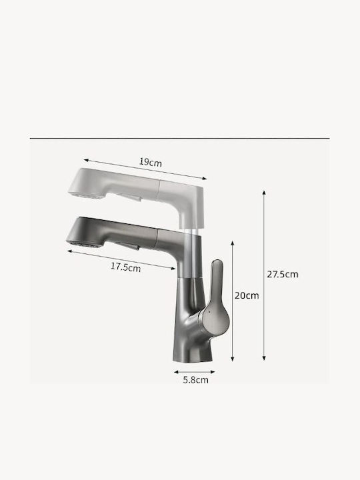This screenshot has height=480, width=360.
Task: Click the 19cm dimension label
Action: click(x=150, y=162)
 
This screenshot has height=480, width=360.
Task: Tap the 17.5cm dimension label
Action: click(x=125, y=267)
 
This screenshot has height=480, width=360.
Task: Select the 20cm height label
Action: click(x=247, y=296)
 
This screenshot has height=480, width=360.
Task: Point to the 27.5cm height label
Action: click(x=282, y=274)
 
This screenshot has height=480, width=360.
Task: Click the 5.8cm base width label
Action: click(x=195, y=380)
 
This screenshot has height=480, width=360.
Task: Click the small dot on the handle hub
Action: click(x=209, y=312)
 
